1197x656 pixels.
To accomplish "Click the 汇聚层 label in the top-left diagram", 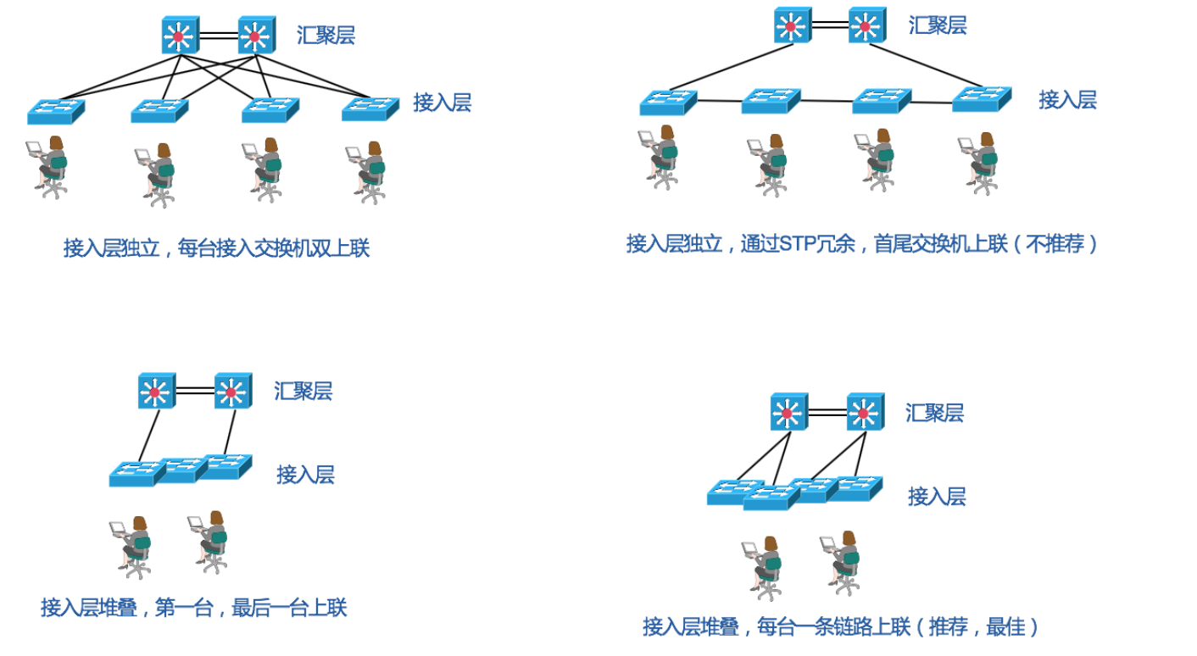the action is click(326, 36).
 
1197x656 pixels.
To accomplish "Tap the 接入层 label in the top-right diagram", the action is click(1067, 100).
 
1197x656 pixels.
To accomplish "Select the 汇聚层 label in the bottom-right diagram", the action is click(934, 414).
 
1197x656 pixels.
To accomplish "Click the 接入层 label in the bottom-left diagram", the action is click(305, 475).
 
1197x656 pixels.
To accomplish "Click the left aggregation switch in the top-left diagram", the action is click(179, 36).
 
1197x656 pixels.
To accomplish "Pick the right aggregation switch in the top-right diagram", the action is click(866, 25).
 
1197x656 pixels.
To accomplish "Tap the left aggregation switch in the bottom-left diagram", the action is click(156, 391).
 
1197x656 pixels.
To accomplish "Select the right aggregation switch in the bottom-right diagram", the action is click(865, 413).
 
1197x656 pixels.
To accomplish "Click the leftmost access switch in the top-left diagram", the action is click(55, 111).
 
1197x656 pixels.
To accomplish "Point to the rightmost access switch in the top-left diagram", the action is click(370, 108).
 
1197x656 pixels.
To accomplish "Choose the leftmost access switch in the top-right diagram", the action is click(667, 102).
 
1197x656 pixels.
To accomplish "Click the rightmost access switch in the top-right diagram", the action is click(982, 98).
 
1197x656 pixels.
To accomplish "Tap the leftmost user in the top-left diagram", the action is click(49, 166).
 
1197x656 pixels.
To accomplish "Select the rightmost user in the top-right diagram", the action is click(980, 163).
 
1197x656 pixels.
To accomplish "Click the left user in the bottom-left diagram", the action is click(132, 547).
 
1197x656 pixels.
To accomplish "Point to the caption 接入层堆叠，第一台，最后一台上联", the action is click(193, 608).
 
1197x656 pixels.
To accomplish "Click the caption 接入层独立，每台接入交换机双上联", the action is click(216, 248).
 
